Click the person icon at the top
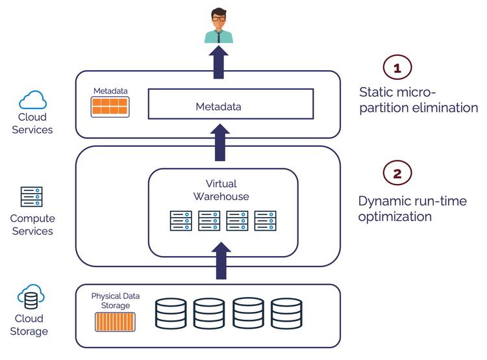click(x=219, y=25)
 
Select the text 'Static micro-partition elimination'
click(x=418, y=99)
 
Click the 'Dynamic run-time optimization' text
click(x=412, y=209)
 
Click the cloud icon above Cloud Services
click(x=32, y=100)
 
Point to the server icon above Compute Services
click(x=32, y=196)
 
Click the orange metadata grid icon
click(x=110, y=107)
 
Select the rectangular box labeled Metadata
click(x=231, y=104)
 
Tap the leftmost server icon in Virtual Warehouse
click(x=181, y=220)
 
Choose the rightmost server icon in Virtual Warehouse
click(x=266, y=220)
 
